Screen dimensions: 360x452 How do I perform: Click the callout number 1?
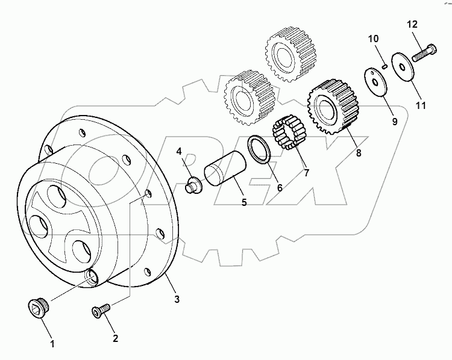coord(52,344)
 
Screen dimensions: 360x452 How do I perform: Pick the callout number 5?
coord(244,203)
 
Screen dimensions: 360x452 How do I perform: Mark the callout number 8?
coord(359,153)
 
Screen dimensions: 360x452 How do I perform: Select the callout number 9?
coord(395,121)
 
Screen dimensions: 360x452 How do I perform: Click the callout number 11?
coord(421,105)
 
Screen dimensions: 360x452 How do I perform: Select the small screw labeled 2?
coord(100,311)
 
